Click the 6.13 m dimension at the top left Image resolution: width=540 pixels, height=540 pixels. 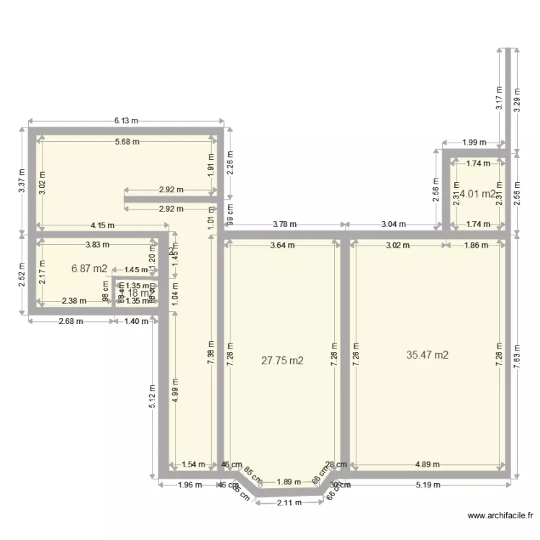(125, 121)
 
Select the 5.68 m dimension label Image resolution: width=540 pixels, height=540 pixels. (127, 142)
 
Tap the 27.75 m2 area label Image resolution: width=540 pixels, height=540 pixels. (282, 361)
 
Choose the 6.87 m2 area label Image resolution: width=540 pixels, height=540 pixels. (89, 269)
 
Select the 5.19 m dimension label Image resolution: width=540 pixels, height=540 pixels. (428, 485)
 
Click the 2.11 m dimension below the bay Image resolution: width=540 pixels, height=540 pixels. (288, 503)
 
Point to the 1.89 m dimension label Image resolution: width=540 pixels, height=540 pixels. (288, 482)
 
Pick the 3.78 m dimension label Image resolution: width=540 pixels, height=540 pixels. (284, 224)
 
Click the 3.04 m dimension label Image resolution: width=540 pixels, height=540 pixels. (392, 224)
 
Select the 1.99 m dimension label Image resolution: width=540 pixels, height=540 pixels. (474, 143)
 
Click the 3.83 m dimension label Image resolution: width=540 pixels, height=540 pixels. (97, 244)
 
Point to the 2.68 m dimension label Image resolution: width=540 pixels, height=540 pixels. (70, 320)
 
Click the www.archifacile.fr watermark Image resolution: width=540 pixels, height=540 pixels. (500, 516)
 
